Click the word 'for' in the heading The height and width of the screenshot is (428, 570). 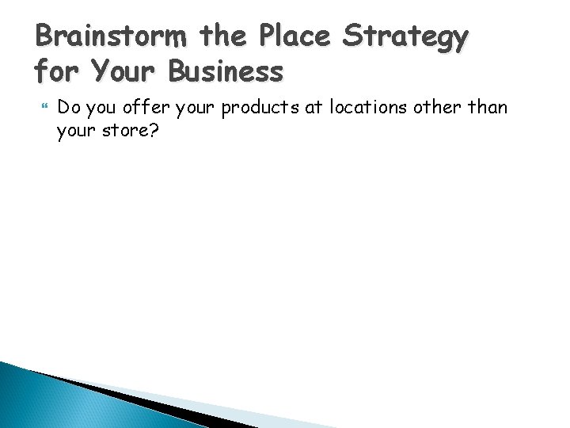[59, 71]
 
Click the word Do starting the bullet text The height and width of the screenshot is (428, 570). [68, 107]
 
